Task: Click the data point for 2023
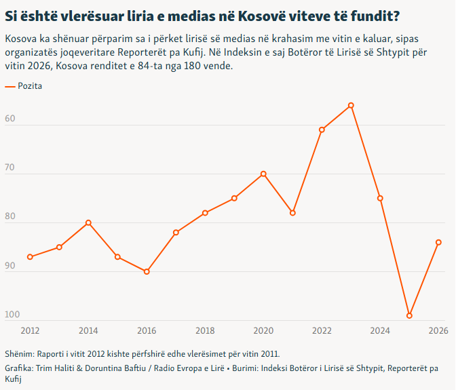click(x=351, y=106)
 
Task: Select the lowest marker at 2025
click(x=409, y=315)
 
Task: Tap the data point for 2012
click(x=30, y=257)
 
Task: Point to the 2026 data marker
click(x=438, y=242)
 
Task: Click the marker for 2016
click(x=147, y=271)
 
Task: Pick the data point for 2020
click(x=263, y=174)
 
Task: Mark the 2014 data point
click(x=88, y=222)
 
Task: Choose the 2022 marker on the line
click(x=322, y=130)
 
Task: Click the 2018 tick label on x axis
click(x=205, y=330)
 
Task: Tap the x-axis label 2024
click(x=380, y=330)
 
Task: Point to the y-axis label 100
click(x=12, y=315)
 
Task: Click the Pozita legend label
click(x=30, y=86)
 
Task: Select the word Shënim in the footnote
click(x=18, y=353)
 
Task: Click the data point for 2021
click(x=292, y=213)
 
